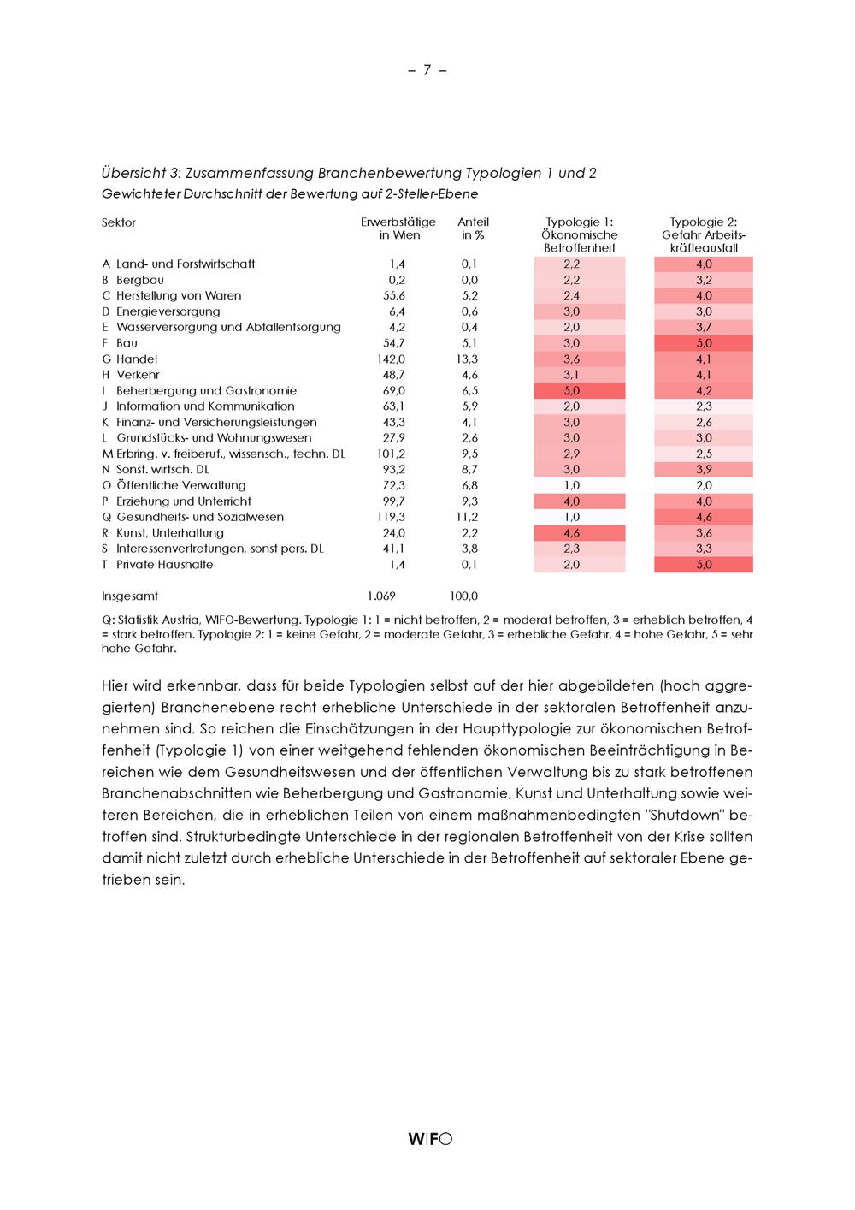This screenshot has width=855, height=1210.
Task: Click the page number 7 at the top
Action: click(x=427, y=70)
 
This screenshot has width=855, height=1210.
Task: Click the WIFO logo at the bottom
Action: click(x=430, y=1138)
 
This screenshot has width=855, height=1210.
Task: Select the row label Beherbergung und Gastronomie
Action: click(x=206, y=390)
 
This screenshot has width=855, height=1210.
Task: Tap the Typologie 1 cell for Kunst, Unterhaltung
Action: click(x=572, y=533)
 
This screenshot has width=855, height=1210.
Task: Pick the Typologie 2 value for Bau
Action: click(x=704, y=343)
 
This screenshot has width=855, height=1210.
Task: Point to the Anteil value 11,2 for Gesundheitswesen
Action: click(x=469, y=517)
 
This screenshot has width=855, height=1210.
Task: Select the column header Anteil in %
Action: click(x=473, y=228)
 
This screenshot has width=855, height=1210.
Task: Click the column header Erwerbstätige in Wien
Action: click(x=398, y=228)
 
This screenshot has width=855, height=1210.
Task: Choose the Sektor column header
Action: click(x=119, y=222)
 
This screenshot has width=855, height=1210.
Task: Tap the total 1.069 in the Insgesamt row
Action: click(x=381, y=596)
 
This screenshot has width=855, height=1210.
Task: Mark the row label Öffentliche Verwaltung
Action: click(x=180, y=485)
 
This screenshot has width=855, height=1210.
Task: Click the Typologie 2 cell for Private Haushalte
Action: click(x=704, y=565)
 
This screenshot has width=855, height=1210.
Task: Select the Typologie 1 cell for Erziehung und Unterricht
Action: click(x=572, y=501)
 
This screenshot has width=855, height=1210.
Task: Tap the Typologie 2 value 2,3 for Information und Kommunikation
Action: click(x=704, y=406)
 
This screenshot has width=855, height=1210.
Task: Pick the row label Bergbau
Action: click(x=139, y=280)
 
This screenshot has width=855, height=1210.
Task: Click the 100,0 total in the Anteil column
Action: click(x=463, y=596)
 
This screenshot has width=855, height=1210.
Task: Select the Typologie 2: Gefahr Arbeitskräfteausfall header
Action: click(x=704, y=234)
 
